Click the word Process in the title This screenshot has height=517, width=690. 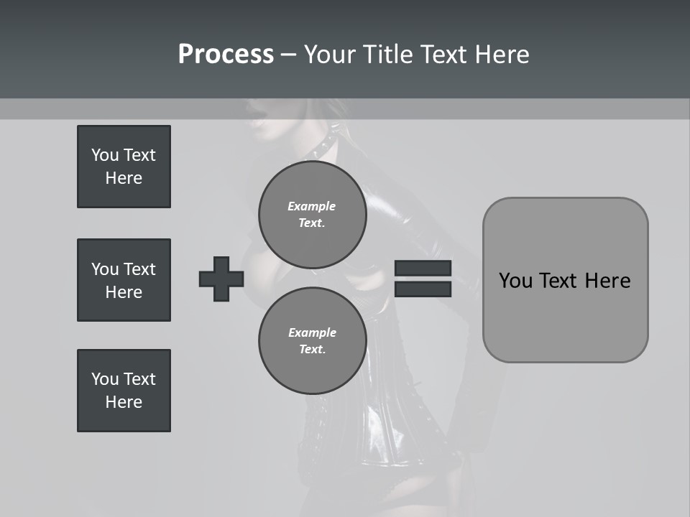point(226,55)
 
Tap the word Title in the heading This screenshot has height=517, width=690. point(387,55)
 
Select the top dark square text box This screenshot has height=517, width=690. point(124,167)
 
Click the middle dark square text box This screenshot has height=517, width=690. point(124,280)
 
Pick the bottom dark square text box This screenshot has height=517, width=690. point(124,391)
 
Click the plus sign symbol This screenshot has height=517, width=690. point(221,279)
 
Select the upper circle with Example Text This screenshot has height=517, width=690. point(312,215)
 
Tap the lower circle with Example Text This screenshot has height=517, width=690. point(312,341)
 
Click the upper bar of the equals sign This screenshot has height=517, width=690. point(423,269)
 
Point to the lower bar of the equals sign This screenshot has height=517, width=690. point(423,289)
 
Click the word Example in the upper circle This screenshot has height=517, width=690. point(312,207)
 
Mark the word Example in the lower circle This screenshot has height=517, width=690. point(312,333)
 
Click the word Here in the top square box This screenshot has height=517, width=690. point(124,178)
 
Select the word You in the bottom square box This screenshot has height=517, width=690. point(103,379)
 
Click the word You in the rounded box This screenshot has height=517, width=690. point(515,281)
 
